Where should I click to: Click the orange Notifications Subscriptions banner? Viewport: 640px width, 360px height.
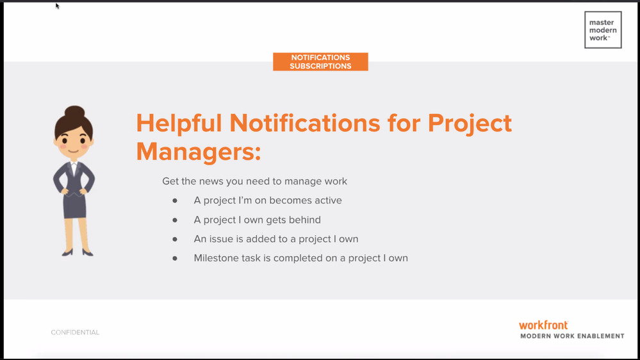point(320,61)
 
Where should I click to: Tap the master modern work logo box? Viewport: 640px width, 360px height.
point(603,30)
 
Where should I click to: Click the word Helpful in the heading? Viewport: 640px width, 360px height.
point(179,123)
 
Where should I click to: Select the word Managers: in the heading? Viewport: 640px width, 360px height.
point(199,151)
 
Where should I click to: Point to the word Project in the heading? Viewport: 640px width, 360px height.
point(470,123)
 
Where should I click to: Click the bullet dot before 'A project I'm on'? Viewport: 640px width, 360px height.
point(175,200)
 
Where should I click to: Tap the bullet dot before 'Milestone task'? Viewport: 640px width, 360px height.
point(175,258)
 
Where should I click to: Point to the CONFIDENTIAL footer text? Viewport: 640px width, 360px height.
point(75,332)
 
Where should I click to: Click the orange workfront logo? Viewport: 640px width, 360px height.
point(543,325)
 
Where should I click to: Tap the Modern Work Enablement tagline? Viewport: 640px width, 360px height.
point(572,336)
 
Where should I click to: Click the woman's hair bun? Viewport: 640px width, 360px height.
point(74,112)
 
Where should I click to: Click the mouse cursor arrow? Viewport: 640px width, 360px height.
point(57,6)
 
